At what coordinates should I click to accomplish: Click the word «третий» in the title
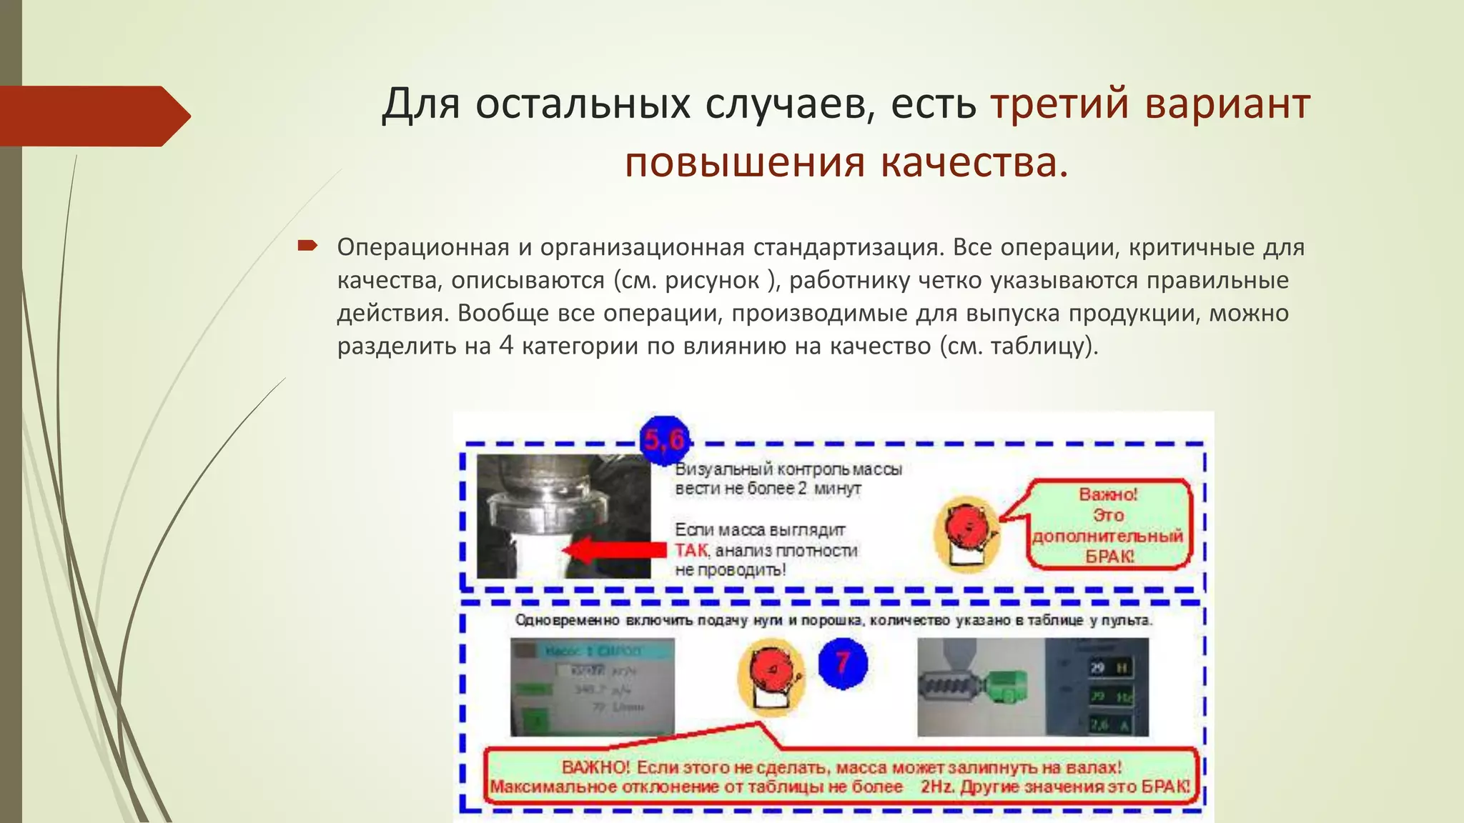1060,104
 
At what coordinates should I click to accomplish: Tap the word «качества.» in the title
974,162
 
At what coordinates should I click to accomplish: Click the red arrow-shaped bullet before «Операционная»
307,246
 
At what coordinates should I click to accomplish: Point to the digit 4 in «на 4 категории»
506,346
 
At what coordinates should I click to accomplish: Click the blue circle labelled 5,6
664,439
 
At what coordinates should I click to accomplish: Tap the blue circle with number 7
843,663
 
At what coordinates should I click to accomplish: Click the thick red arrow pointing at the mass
614,551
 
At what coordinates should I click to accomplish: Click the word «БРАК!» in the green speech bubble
1109,556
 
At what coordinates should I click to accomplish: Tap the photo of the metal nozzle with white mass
563,516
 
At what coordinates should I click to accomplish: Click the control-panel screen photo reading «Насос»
592,687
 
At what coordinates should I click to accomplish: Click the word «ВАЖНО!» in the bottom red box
595,767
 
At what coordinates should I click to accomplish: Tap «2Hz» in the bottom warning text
938,787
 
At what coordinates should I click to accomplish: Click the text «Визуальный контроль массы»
788,469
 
